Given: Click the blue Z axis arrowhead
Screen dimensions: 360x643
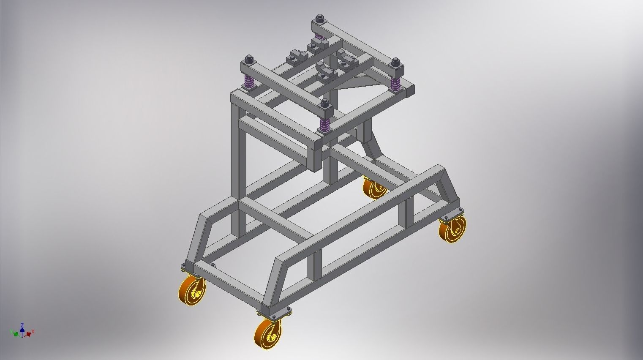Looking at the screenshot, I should coord(22,326).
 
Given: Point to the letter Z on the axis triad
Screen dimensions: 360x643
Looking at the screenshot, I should coord(22,324).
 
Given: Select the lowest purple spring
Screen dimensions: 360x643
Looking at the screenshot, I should coord(325,124).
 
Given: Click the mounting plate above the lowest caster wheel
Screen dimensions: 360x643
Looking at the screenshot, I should coord(274,314).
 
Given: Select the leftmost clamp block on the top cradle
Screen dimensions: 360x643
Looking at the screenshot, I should coord(294,58).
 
